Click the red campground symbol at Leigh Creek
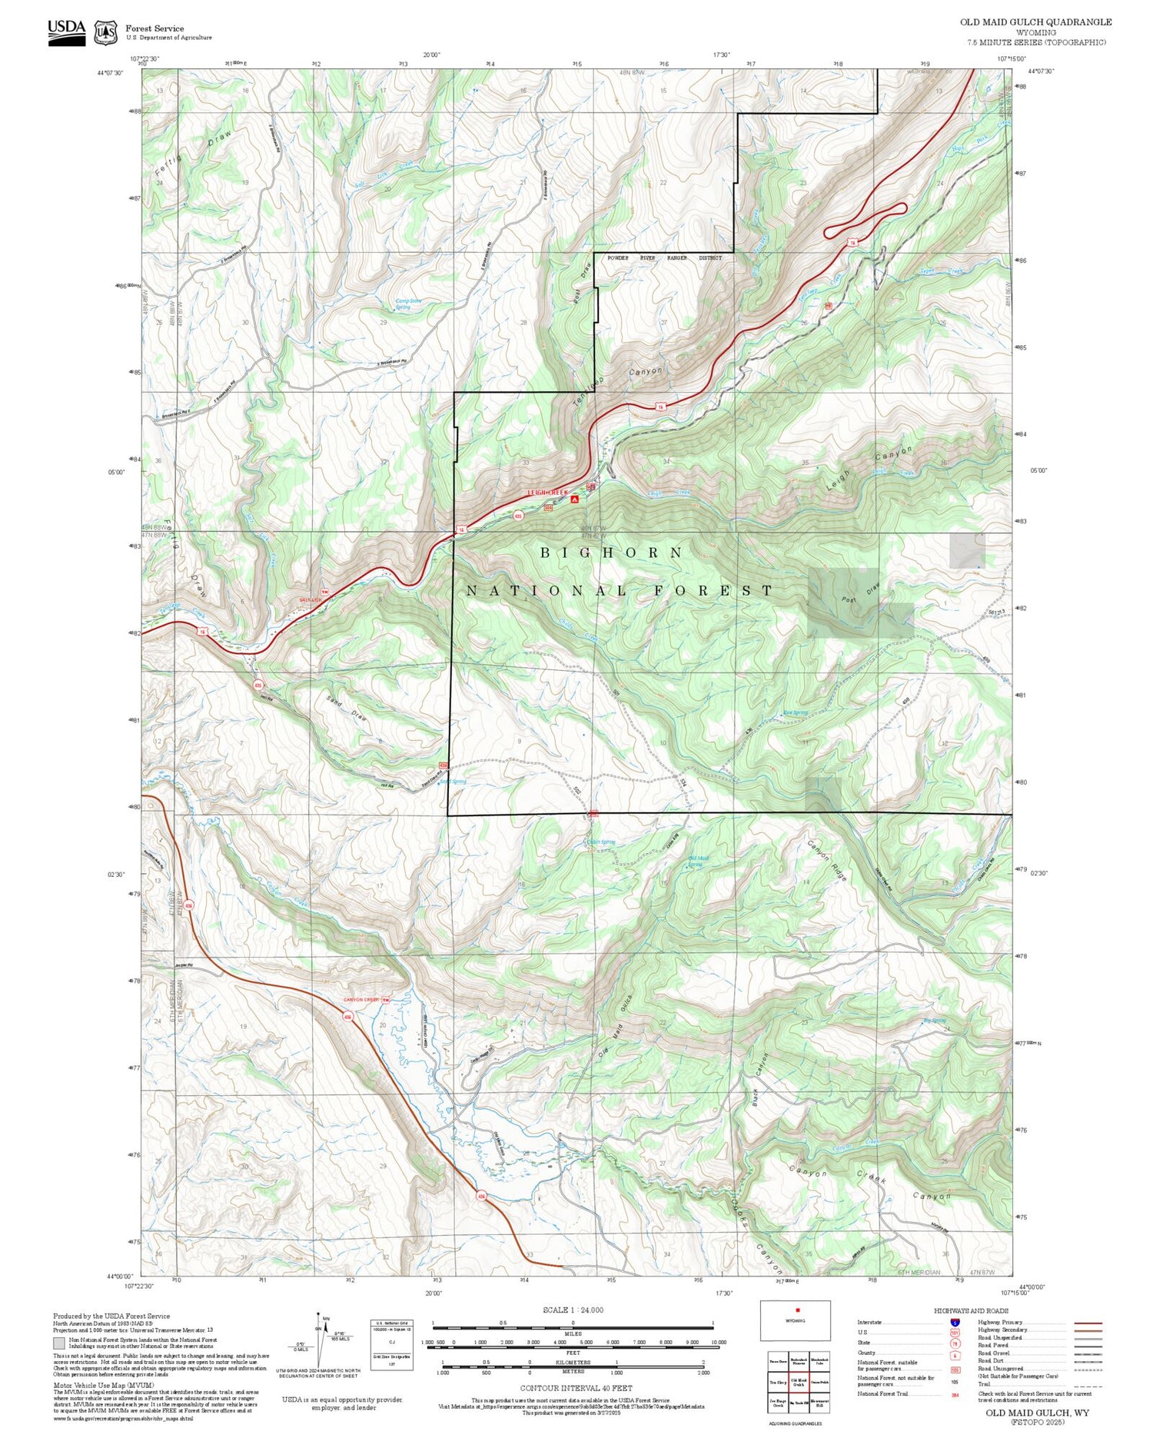click(573, 500)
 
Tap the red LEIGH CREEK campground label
click(547, 493)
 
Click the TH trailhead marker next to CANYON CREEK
click(387, 1000)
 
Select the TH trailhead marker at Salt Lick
click(324, 592)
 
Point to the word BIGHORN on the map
click(611, 553)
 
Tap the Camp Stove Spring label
click(407, 304)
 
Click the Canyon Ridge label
click(827, 861)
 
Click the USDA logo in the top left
click(67, 32)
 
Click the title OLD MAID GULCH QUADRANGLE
click(1035, 22)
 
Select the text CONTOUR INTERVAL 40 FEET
click(576, 1388)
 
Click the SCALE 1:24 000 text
click(573, 1310)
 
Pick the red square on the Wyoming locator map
click(798, 1310)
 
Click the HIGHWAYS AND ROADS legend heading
click(971, 1311)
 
